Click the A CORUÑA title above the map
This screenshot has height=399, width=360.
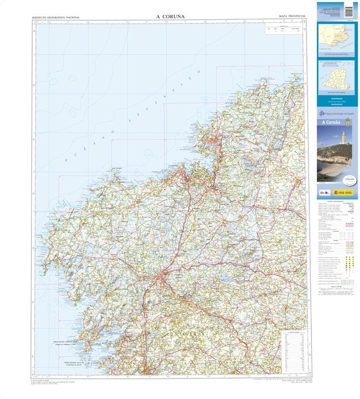[x=170, y=17]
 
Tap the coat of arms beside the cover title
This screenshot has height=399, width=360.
[x=348, y=122]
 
